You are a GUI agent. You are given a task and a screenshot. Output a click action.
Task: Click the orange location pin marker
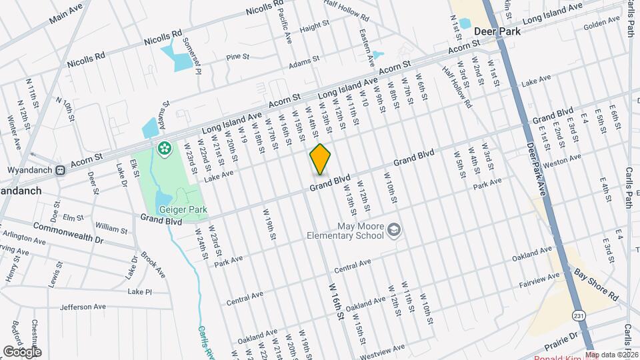[320, 159]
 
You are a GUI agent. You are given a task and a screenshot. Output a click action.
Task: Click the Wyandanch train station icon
[60, 170]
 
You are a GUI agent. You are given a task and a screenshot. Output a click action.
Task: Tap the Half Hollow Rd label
[457, 87]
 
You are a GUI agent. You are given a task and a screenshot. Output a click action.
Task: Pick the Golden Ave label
[602, 25]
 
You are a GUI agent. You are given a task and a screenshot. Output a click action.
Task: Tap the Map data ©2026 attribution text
[612, 355]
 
